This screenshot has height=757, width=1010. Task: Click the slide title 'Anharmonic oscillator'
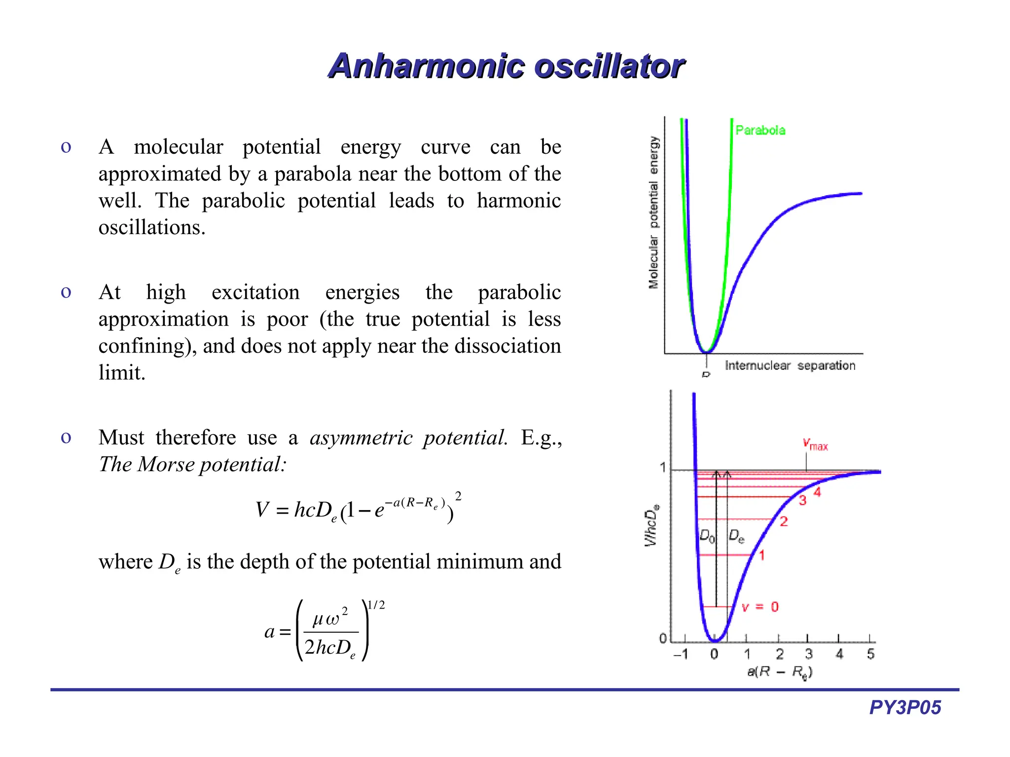click(506, 66)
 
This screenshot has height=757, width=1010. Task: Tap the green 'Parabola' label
click(760, 130)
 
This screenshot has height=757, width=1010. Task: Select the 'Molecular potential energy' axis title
click(654, 212)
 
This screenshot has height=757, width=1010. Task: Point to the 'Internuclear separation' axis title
click(790, 366)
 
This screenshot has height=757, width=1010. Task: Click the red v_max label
click(815, 445)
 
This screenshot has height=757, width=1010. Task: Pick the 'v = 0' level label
click(760, 607)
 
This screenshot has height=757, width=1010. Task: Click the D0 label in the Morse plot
click(707, 536)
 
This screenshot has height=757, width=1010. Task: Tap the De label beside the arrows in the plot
click(736, 536)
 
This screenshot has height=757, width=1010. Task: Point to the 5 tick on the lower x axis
click(870, 654)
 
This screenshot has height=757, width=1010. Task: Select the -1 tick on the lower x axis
click(681, 654)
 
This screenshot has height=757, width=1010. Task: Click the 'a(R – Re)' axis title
click(779, 672)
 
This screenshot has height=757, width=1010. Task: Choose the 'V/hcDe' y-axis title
click(651, 526)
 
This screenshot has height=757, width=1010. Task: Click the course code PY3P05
click(905, 708)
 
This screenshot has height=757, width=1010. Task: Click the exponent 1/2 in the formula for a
click(376, 605)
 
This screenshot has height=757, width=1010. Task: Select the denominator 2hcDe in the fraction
click(330, 648)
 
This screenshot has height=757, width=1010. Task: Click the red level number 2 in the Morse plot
click(784, 521)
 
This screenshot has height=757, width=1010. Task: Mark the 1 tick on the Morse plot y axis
click(663, 467)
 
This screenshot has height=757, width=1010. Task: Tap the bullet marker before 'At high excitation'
click(66, 293)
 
